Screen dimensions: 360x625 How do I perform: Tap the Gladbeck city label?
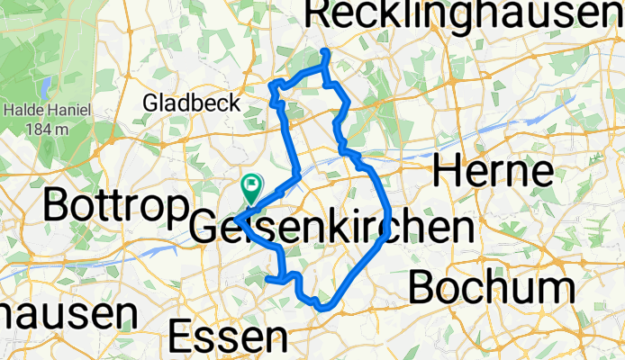coord(192,103)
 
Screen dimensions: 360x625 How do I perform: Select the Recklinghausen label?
coord(464,14)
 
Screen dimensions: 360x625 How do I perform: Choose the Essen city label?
coord(229,337)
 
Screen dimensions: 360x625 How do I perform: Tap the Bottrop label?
coord(113,207)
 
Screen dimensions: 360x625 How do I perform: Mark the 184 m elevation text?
coord(50,128)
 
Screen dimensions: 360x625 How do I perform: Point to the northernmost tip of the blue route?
coord(325,52)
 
